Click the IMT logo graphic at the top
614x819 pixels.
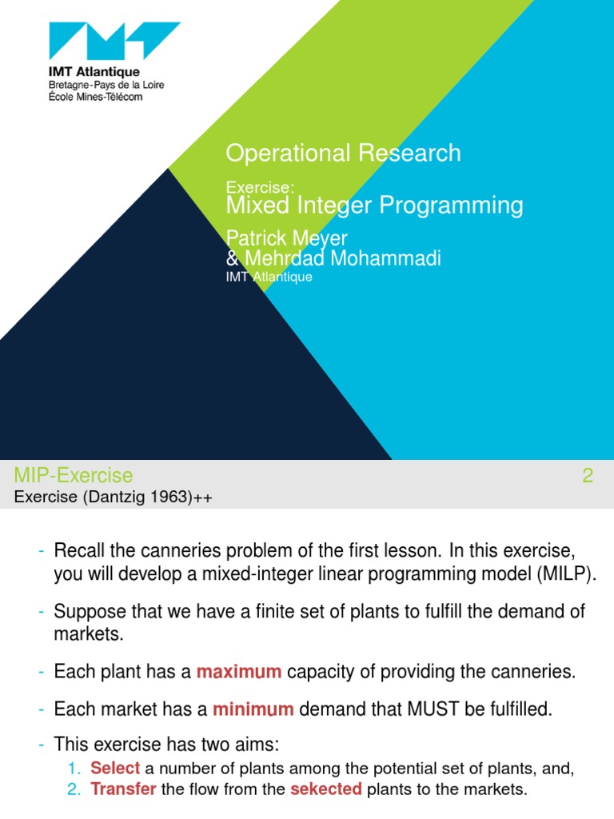click(114, 46)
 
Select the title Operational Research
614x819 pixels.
click(343, 153)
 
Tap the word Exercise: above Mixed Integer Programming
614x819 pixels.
click(261, 187)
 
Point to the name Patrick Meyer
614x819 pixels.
click(286, 239)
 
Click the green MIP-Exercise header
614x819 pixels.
click(74, 476)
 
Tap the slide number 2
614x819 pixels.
click(588, 476)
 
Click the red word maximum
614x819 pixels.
click(239, 673)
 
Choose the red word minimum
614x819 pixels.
click(253, 709)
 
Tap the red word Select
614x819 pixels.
click(115, 769)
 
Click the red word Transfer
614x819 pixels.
click(123, 789)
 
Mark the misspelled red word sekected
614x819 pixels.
click(326, 789)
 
